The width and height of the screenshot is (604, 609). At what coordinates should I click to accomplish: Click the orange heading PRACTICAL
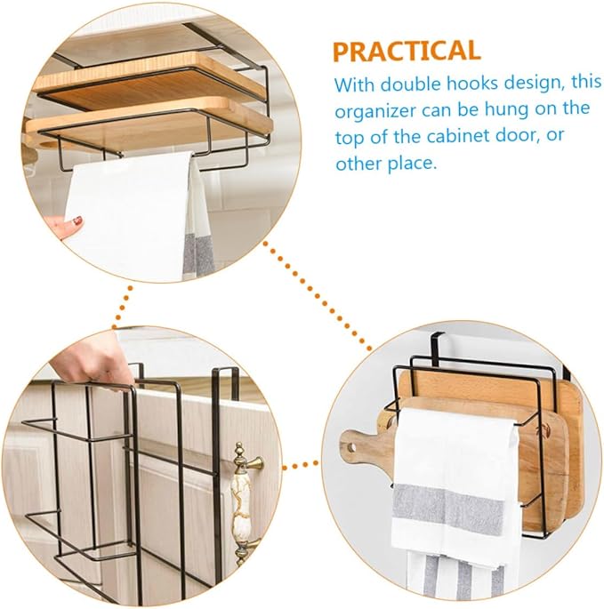[407, 51]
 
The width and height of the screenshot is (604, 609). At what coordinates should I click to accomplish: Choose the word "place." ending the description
[413, 163]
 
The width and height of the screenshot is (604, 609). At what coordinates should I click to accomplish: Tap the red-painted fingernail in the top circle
[78, 220]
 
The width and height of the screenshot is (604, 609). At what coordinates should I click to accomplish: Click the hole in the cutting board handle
[351, 448]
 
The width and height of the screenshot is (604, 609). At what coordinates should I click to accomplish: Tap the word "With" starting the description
[354, 84]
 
